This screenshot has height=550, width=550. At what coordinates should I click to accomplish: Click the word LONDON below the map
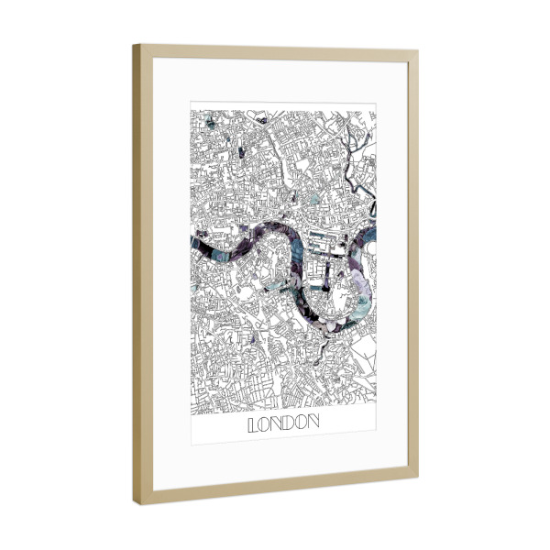(x=283, y=424)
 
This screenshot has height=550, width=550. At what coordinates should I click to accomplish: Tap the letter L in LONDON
(x=253, y=424)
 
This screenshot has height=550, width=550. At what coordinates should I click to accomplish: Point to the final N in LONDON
(x=313, y=424)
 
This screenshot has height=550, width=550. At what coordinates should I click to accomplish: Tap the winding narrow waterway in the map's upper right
(x=353, y=137)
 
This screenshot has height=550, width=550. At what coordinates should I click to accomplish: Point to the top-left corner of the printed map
(x=191, y=109)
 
